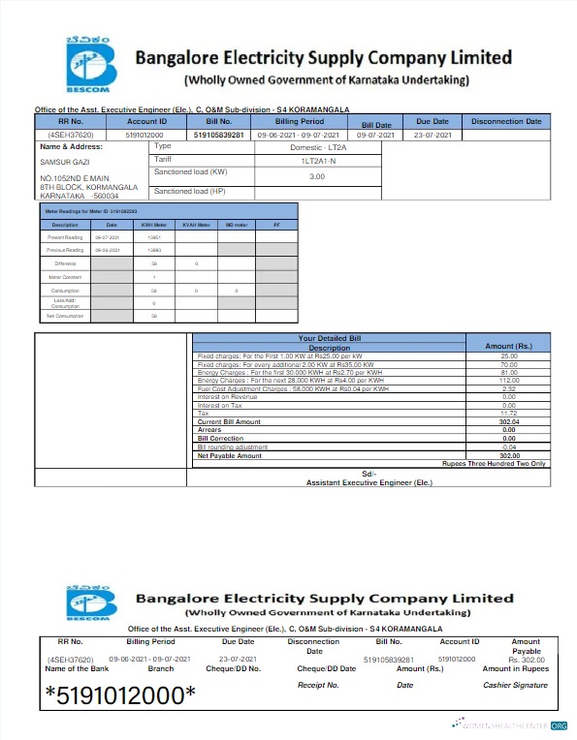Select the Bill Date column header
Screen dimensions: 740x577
tap(376, 125)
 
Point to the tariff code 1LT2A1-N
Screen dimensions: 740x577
tap(317, 159)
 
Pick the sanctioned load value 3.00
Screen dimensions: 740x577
tap(317, 176)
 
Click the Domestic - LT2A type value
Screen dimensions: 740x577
tap(317, 146)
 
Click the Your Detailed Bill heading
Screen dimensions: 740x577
tap(328, 339)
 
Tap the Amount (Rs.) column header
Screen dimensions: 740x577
tap(508, 346)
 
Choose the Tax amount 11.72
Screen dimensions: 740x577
tap(509, 414)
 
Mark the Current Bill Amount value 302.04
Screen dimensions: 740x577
tap(509, 422)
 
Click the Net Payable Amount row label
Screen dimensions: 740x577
tap(230, 455)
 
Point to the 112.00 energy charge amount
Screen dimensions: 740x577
tap(509, 380)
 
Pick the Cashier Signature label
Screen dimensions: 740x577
tap(515, 685)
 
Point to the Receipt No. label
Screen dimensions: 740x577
tap(318, 685)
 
